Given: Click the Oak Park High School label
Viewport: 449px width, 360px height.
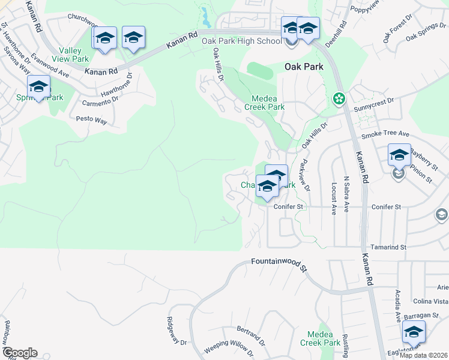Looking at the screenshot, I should tap(241, 41).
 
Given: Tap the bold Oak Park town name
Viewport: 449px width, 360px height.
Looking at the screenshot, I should tap(304, 67).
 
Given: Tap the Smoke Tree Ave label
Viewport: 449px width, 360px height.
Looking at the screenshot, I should tap(384, 134).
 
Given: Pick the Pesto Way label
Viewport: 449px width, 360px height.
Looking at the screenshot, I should tap(91, 120).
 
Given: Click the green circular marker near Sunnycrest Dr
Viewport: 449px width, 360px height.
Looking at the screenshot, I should tap(339, 98).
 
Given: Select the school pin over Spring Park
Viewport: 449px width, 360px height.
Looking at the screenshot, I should tap(39, 87).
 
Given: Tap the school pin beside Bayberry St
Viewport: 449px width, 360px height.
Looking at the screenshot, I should tap(399, 155).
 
